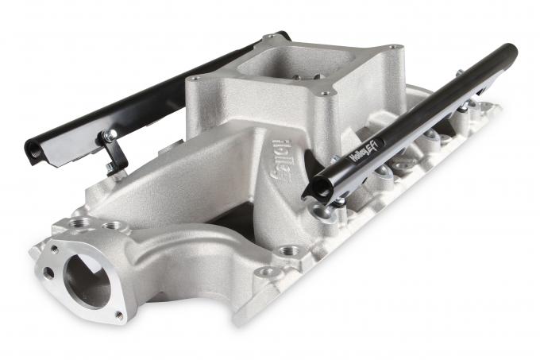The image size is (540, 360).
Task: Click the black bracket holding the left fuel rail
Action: point(114,151)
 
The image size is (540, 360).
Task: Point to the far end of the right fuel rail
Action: point(508,52)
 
